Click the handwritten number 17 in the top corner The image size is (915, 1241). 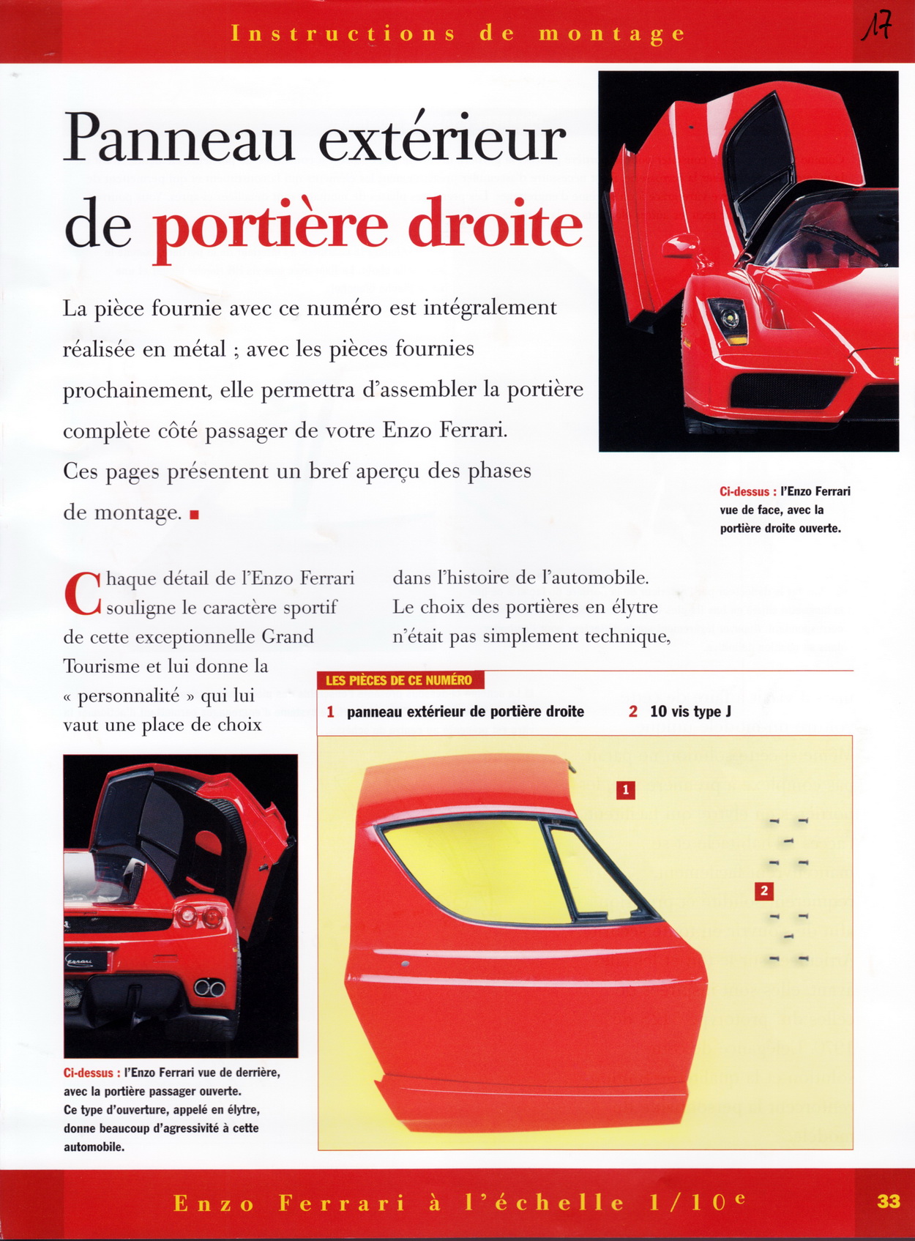pyautogui.click(x=876, y=28)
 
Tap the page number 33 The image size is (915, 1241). pyautogui.click(x=888, y=1201)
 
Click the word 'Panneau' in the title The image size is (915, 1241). pyautogui.click(x=179, y=139)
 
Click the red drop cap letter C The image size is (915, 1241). pyautogui.click(x=82, y=595)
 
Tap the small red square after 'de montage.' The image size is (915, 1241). pyautogui.click(x=194, y=515)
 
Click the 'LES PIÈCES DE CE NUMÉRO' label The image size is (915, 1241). pyautogui.click(x=399, y=680)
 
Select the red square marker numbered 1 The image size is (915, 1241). pyautogui.click(x=625, y=790)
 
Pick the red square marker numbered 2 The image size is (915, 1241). pyautogui.click(x=764, y=890)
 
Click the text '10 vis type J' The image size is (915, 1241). pyautogui.click(x=690, y=711)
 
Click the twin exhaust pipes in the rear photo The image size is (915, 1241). pyautogui.click(x=209, y=988)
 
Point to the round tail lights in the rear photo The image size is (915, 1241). pyautogui.click(x=200, y=915)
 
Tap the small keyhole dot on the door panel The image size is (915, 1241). pyautogui.click(x=405, y=964)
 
